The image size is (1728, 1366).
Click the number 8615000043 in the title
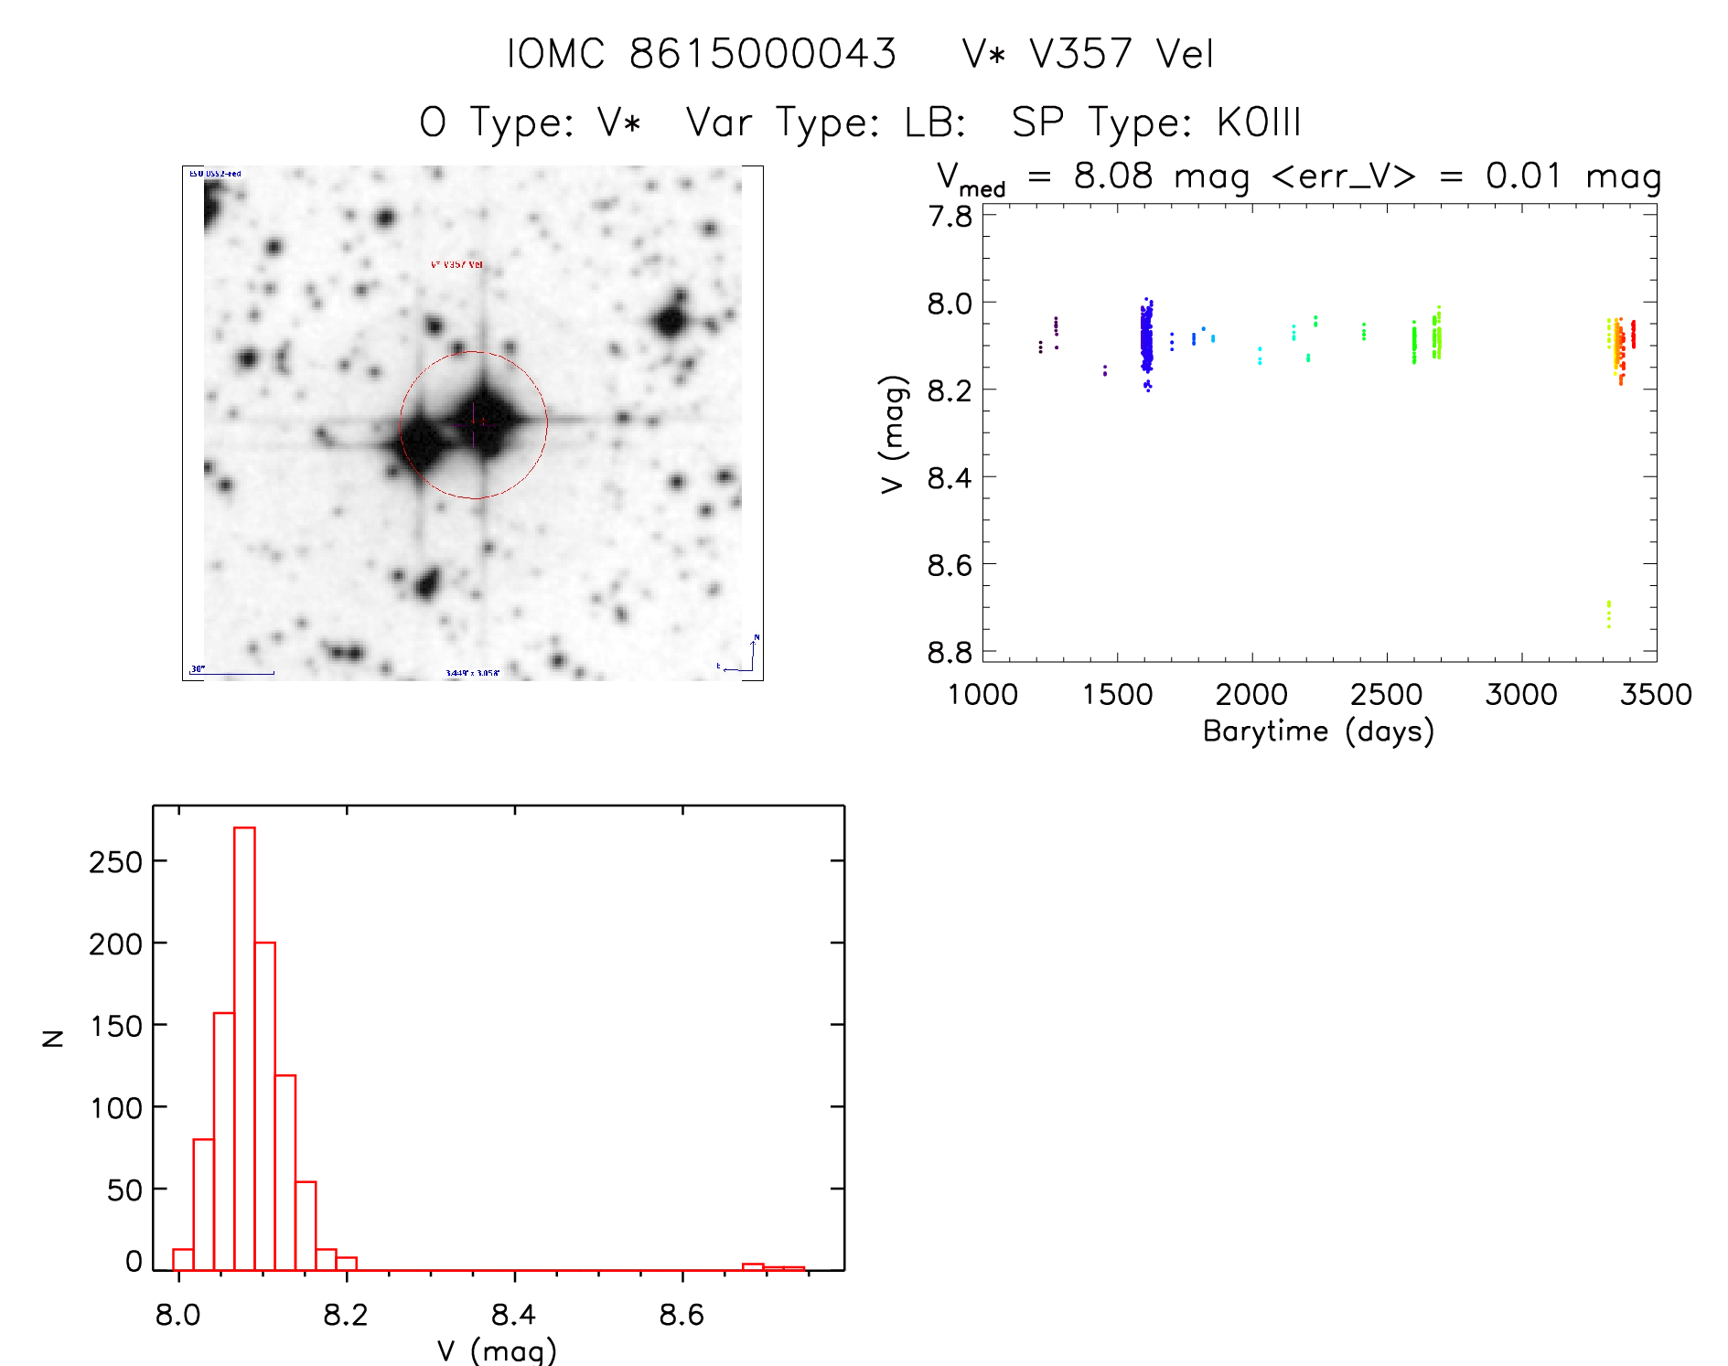763,54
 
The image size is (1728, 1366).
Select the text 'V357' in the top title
1080,54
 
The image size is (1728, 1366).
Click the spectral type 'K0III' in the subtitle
1259,123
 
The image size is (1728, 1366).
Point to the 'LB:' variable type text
935,123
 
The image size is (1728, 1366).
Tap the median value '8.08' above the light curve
1113,176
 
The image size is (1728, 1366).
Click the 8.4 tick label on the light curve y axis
950,478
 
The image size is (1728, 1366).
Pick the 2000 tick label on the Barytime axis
1251,695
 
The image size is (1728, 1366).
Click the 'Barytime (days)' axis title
1318,731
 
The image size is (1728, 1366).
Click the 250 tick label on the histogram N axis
116,862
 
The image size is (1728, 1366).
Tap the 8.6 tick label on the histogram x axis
682,1316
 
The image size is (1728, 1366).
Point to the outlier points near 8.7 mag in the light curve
1608,614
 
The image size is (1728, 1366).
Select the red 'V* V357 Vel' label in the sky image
456,265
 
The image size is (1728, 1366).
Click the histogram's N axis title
53,1038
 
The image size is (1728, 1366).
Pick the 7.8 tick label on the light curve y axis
950,217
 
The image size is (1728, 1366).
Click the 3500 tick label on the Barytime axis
1656,695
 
